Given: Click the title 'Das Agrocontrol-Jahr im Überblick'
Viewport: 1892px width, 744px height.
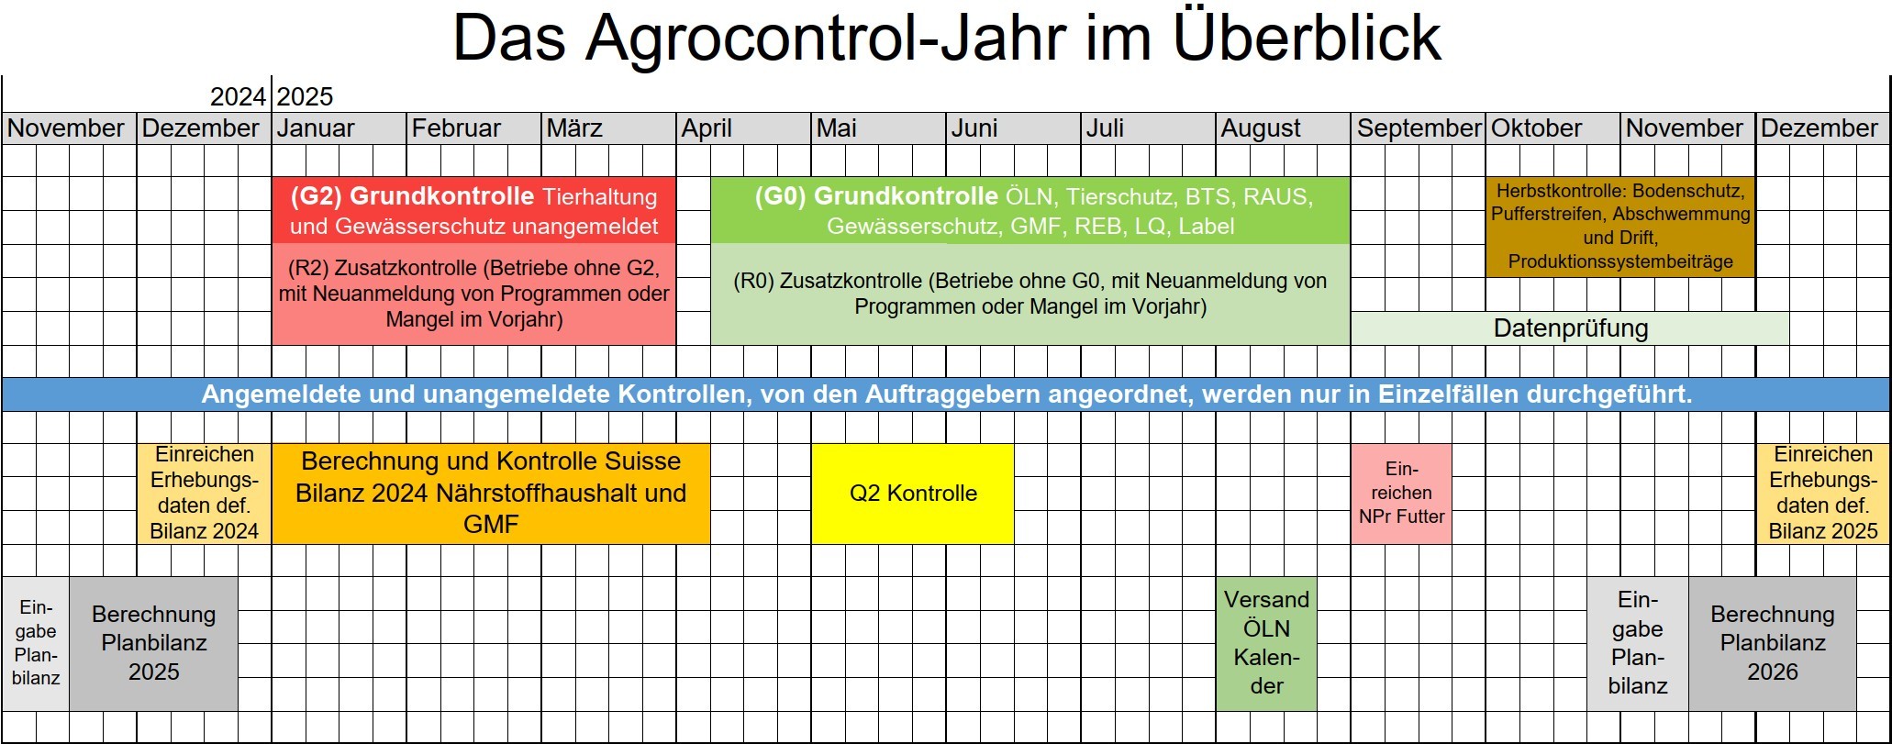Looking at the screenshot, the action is [x=947, y=38].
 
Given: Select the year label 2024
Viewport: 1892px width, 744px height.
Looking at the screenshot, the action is [x=238, y=96].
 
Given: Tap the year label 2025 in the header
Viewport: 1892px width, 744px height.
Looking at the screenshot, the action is [x=305, y=96].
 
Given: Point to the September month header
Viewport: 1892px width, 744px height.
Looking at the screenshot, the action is [x=1418, y=128].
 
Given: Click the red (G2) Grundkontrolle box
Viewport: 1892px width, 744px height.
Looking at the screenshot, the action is [x=473, y=210].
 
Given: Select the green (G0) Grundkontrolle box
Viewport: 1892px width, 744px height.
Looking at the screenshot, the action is [x=1030, y=210].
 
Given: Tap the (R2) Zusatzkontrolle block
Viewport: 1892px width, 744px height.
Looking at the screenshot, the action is [x=473, y=294].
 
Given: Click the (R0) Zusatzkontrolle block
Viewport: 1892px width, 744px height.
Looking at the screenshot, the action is [x=1030, y=294].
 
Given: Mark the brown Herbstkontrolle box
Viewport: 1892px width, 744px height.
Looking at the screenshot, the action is [x=1620, y=227].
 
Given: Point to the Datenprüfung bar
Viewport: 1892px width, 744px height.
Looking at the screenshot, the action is [x=1570, y=328].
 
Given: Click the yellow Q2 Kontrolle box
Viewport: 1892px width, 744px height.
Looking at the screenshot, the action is [x=913, y=494].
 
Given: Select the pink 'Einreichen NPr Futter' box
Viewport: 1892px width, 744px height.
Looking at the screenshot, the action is [x=1401, y=494].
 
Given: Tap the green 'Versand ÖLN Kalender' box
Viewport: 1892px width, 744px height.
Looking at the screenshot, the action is [x=1266, y=644].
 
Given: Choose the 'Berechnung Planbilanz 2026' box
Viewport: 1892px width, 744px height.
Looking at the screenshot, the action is [x=1772, y=644].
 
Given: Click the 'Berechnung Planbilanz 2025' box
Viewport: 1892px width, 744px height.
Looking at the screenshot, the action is [x=153, y=644].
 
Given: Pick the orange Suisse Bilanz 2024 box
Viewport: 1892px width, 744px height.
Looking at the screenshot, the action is [x=491, y=494].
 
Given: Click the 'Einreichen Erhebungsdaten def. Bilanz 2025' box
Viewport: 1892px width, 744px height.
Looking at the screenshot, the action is [x=1822, y=494].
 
